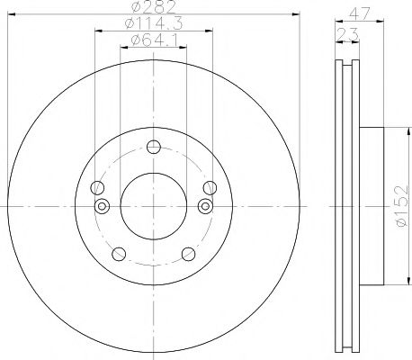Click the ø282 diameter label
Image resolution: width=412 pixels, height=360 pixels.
[153, 6]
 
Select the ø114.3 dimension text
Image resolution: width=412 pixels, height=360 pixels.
[154, 23]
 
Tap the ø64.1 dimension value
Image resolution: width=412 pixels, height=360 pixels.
[154, 40]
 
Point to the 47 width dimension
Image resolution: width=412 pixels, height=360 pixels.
[359, 13]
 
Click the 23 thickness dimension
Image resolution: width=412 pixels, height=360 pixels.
[347, 34]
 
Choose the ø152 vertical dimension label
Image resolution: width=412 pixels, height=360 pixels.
[402, 206]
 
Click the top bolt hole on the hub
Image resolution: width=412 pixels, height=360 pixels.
[154, 147]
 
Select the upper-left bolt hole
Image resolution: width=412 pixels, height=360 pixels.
[97, 188]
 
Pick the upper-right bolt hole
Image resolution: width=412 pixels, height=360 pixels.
[210, 188]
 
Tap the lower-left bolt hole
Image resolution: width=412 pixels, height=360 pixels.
[119, 254]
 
